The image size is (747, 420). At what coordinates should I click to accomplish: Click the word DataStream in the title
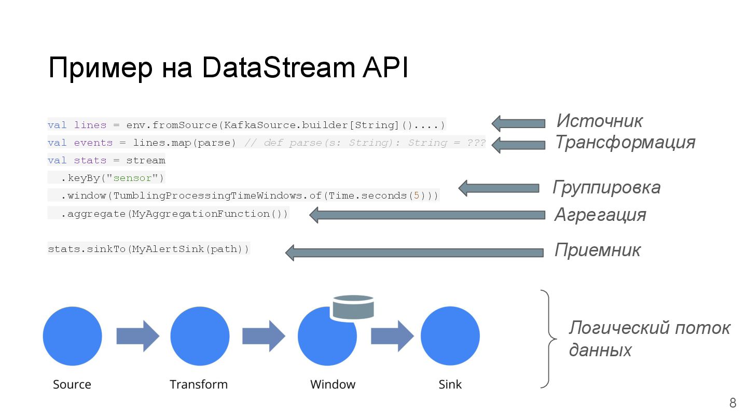click(278, 67)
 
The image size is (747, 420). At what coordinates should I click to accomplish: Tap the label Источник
click(599, 121)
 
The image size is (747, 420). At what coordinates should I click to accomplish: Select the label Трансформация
click(625, 142)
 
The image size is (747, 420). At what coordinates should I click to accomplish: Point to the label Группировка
click(606, 188)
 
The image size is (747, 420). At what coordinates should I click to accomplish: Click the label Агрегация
click(600, 215)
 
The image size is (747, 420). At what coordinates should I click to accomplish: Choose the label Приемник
click(597, 250)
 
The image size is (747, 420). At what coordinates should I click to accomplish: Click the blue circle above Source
click(73, 336)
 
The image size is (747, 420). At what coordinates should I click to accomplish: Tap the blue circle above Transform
click(200, 336)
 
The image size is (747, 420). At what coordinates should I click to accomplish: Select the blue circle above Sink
click(450, 336)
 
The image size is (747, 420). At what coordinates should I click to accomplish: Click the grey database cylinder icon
click(353, 307)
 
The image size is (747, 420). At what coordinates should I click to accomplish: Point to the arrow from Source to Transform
click(138, 336)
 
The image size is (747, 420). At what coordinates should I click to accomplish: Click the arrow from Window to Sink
click(392, 336)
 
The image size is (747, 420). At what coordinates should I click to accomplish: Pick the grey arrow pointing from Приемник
click(414, 253)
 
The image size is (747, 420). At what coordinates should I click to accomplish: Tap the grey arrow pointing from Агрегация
click(427, 215)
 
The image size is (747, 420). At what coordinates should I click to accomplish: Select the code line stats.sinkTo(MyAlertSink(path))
click(149, 249)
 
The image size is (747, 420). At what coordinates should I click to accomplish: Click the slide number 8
click(732, 403)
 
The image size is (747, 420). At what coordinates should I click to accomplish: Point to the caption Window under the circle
click(333, 384)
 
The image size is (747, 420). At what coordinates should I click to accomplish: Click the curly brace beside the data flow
click(549, 339)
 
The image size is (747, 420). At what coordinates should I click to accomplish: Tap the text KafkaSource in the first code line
click(259, 125)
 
